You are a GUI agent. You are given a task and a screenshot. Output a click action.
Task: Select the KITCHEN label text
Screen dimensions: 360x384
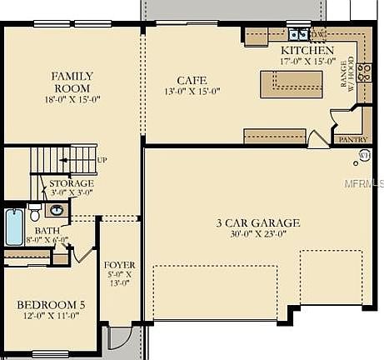point(307,50)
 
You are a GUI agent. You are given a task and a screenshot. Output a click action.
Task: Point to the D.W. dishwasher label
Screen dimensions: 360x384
point(317,34)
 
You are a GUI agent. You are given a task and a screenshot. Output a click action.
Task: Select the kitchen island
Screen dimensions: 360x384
point(291,83)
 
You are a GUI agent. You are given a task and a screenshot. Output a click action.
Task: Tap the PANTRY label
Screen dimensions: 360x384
point(353,140)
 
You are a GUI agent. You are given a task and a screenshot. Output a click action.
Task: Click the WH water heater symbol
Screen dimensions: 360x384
point(364,155)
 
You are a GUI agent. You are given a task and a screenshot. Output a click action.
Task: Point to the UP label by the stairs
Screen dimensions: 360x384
point(102,159)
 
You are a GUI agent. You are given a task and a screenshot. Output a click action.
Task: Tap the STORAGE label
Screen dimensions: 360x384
point(71,182)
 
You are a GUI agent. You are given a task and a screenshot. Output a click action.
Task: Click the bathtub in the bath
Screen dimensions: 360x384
point(14,227)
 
